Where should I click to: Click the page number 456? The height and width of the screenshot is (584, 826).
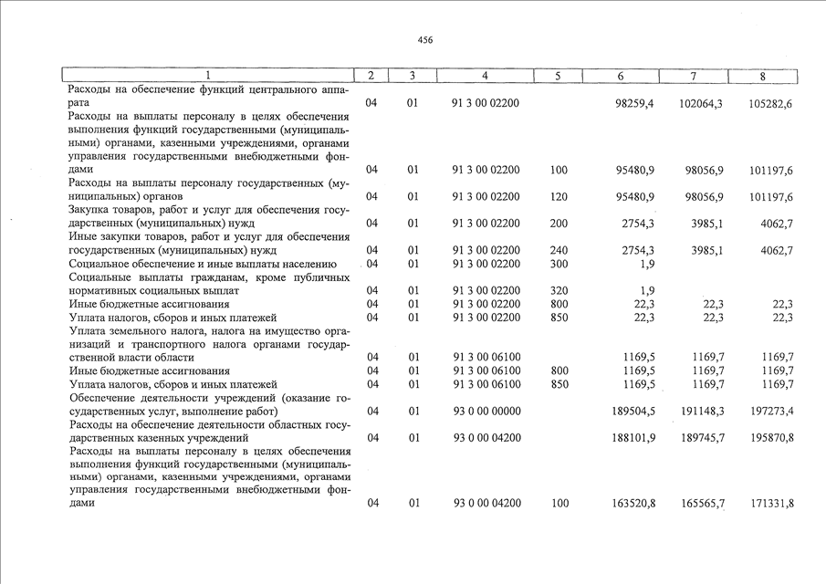coord(425,40)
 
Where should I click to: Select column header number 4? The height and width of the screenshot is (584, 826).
coord(485,76)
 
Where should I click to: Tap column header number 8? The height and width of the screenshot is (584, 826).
coord(762,76)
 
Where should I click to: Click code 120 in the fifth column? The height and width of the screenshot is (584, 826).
coord(559,196)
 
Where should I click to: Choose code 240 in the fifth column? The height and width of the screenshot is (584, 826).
coord(559,250)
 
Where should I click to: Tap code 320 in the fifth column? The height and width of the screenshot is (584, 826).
coord(559,290)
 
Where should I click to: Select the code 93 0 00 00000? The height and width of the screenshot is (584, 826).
coord(486,411)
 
